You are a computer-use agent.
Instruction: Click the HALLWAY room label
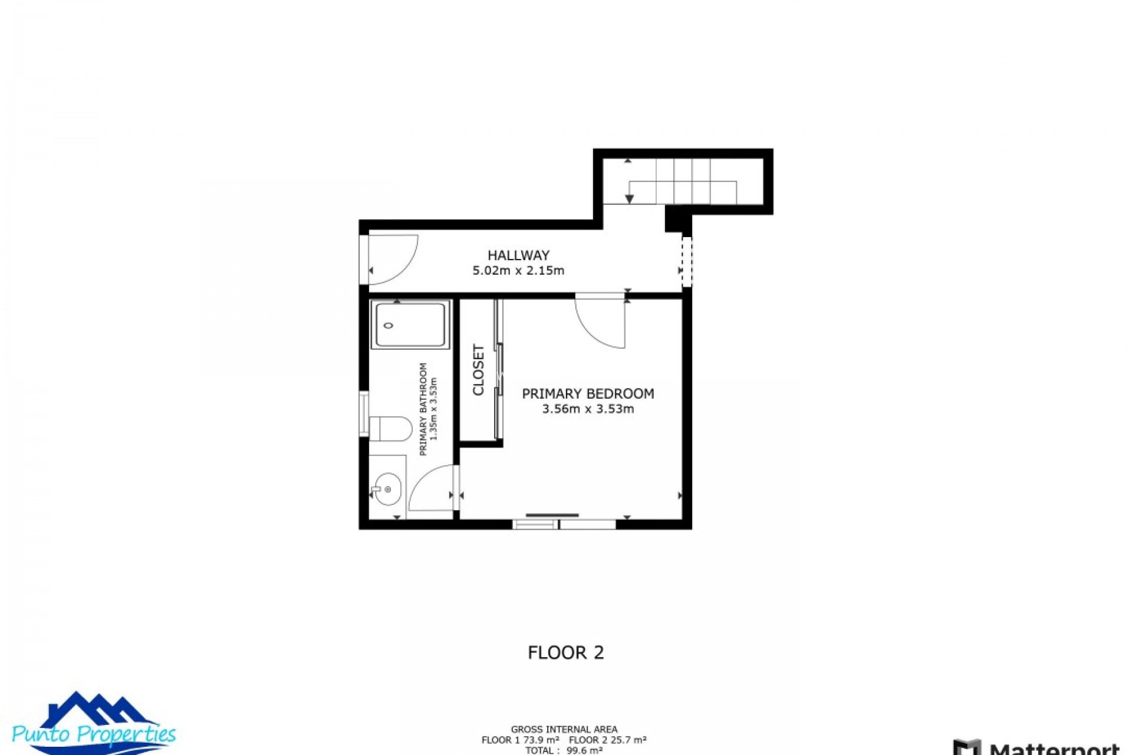point(518,255)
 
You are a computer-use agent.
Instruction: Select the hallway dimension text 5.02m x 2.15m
point(518,271)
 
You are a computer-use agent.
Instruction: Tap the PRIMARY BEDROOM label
point(588,393)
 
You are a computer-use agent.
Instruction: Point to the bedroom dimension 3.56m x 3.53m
point(588,409)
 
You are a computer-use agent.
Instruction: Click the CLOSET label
point(478,370)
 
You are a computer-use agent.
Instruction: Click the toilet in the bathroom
point(391,429)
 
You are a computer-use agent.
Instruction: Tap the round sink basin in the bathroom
point(387,489)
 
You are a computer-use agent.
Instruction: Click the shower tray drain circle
point(388,325)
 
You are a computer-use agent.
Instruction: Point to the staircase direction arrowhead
point(629,199)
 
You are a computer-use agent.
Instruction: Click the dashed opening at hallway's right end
point(686,262)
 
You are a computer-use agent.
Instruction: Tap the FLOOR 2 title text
point(565,652)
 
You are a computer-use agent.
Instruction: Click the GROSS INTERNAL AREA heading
point(564,730)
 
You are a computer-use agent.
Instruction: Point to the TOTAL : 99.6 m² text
point(564,750)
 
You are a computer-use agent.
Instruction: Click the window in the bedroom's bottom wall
point(564,524)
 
